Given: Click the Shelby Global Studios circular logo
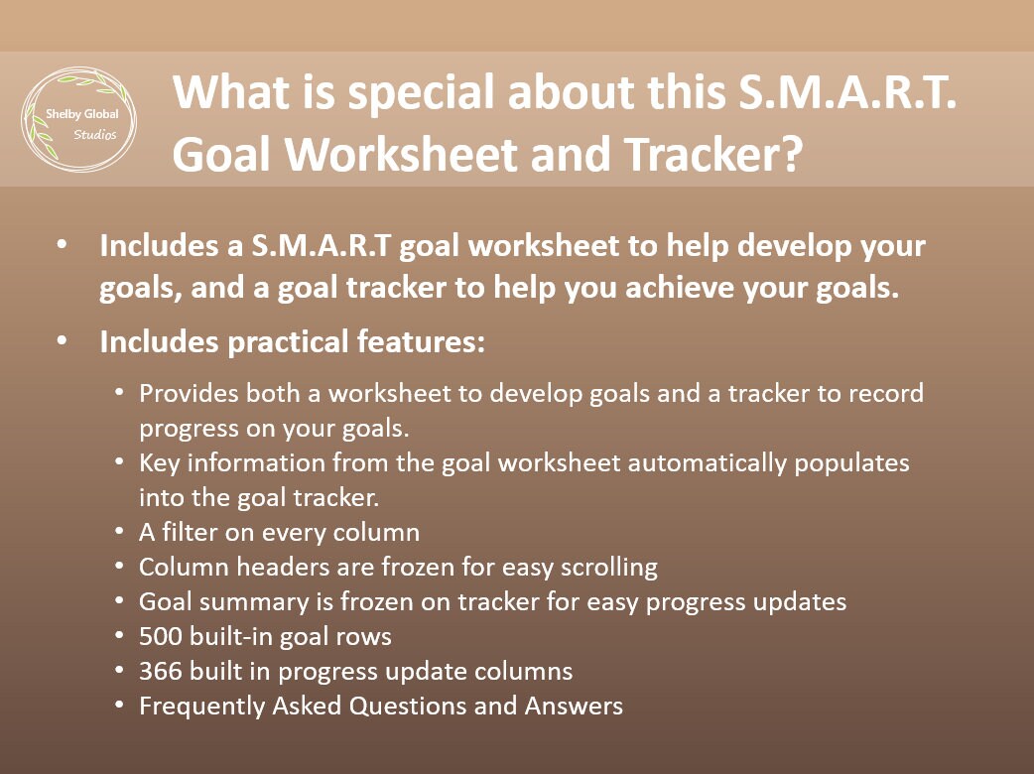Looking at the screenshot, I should [79, 120].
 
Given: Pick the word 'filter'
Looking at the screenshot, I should [193, 533].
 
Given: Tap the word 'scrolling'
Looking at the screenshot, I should [606, 568].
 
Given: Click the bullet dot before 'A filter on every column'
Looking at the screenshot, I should [119, 533].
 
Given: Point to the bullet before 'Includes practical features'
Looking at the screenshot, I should [64, 342].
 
